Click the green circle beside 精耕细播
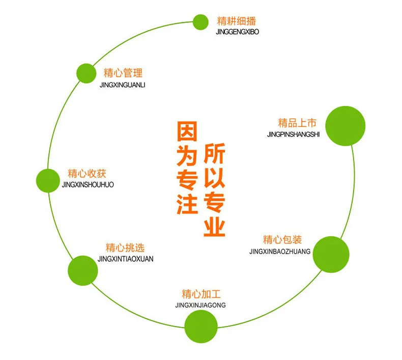click(x=200, y=22)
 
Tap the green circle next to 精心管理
click(x=86, y=73)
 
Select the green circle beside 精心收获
click(x=48, y=181)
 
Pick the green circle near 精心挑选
click(x=83, y=270)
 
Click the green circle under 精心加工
click(x=201, y=326)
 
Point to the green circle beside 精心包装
click(x=331, y=254)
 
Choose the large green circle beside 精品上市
click(x=346, y=126)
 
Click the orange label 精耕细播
click(x=237, y=21)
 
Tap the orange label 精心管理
click(x=123, y=73)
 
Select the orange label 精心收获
click(x=87, y=174)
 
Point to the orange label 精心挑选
click(x=125, y=248)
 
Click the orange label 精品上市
click(x=297, y=123)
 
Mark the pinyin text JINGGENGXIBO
click(x=238, y=32)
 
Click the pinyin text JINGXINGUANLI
click(x=122, y=85)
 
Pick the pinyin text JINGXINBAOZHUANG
click(x=280, y=252)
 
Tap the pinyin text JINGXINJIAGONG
click(x=200, y=305)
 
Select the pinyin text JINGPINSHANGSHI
click(x=293, y=134)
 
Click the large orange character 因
click(x=187, y=131)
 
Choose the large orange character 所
click(x=214, y=153)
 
